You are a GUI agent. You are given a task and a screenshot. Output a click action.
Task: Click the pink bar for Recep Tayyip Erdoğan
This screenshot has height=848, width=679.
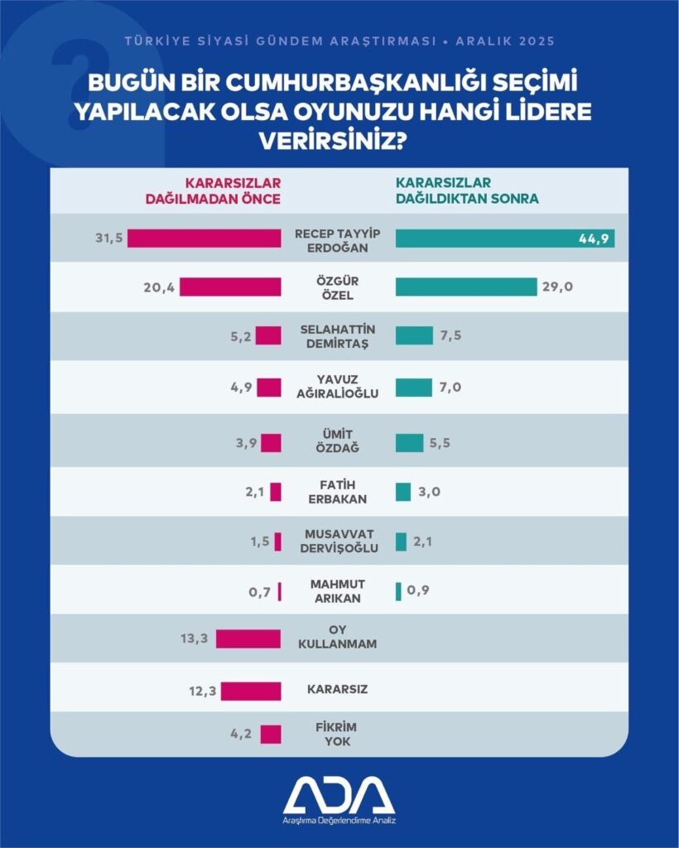tap(204, 238)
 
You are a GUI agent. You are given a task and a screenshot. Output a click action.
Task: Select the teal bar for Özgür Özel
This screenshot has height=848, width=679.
tap(466, 287)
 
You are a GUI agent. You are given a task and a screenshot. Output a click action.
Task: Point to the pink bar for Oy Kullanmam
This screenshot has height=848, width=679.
tap(248, 638)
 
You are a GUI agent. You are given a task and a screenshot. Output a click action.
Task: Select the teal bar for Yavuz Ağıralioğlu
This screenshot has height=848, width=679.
tap(414, 387)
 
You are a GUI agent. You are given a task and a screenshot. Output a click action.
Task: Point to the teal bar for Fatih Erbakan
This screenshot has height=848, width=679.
tap(403, 492)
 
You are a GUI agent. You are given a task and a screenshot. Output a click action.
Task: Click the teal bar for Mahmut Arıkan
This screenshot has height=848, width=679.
tap(398, 590)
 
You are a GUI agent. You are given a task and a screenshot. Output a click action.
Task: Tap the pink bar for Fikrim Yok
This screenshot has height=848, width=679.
tap(271, 735)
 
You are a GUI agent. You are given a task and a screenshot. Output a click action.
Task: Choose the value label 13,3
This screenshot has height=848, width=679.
tap(194, 638)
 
